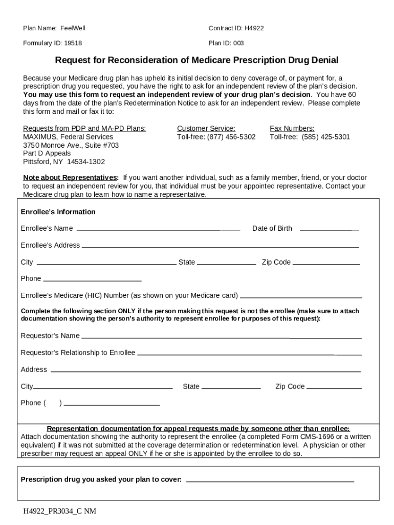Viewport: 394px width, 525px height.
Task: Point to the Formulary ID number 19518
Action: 73,43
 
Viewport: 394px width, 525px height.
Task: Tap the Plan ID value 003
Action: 238,43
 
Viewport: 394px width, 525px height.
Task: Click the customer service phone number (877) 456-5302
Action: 231,137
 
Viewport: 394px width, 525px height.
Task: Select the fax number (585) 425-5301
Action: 325,137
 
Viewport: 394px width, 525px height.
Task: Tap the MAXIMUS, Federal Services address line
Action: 68,137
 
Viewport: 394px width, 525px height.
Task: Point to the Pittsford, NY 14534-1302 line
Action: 64,161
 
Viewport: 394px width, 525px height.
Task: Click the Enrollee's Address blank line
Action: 220,247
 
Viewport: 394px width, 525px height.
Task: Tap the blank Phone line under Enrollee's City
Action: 93,280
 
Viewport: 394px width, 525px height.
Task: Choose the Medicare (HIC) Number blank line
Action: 301,297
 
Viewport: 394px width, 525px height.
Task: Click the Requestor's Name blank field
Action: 221,337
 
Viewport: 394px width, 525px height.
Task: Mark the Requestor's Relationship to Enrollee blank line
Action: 249,354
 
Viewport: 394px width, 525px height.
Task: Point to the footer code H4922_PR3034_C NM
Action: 59,511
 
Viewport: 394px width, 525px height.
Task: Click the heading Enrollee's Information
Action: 58,212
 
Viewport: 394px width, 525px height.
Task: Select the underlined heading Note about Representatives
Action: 71,178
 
